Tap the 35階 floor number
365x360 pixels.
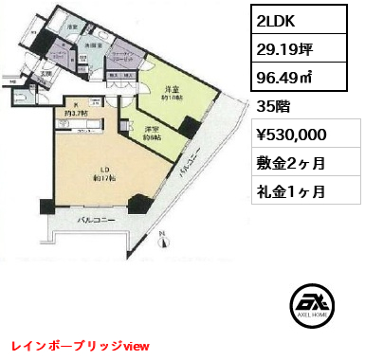tap(271, 107)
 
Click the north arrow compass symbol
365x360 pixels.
tap(162, 244)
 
